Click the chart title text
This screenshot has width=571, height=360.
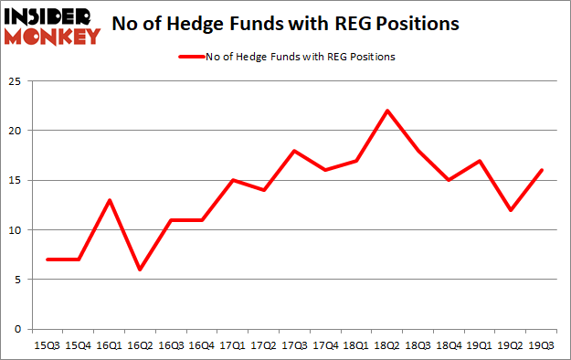click(x=285, y=25)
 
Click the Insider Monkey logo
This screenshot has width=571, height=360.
click(x=52, y=25)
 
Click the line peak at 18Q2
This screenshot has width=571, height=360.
click(x=387, y=111)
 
